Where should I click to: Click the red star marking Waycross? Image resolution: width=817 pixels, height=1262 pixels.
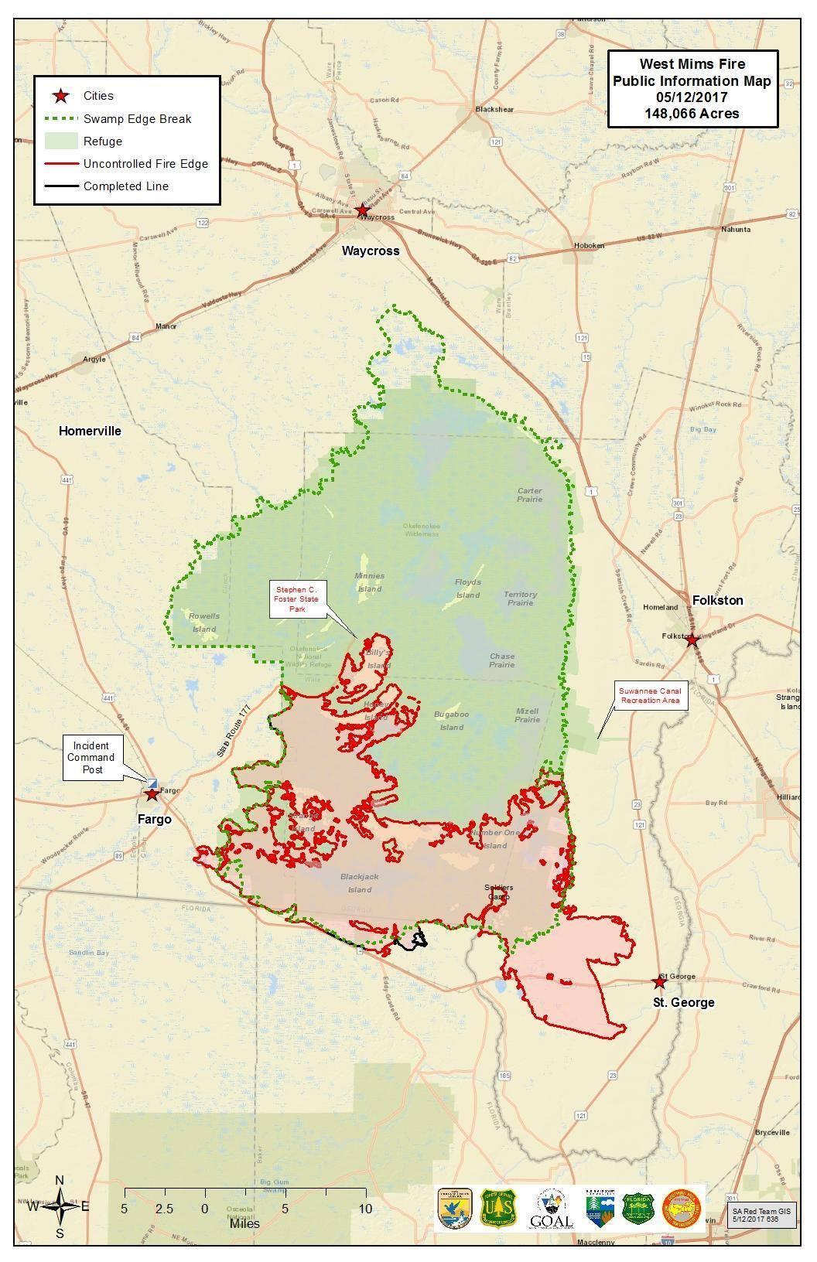[362, 210]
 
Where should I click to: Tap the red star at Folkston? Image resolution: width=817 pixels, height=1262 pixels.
[692, 640]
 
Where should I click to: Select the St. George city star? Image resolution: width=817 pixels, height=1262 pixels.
[658, 982]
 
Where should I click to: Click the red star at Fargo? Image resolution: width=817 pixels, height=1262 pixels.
[152, 793]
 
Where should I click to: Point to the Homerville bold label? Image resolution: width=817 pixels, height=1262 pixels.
[90, 431]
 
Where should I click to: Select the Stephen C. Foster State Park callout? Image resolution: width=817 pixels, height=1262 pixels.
[299, 599]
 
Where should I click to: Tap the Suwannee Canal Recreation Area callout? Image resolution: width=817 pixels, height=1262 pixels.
[649, 695]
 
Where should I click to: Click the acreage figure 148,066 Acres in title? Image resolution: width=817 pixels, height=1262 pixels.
[692, 114]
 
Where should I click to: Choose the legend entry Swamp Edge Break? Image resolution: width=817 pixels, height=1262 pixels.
[137, 119]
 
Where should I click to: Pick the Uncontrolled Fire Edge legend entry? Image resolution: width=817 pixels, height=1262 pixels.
[145, 164]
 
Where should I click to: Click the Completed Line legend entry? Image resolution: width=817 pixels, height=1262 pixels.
[125, 186]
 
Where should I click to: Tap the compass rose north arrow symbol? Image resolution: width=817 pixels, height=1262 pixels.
[60, 1206]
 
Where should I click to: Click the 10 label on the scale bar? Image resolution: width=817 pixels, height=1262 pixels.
[365, 1209]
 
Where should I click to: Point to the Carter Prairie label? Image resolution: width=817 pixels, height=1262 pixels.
[530, 495]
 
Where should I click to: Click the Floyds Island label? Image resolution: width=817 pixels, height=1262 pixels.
[467, 588]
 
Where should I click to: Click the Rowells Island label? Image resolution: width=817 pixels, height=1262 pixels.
[204, 622]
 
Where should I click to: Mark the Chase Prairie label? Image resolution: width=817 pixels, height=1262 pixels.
[501, 660]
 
